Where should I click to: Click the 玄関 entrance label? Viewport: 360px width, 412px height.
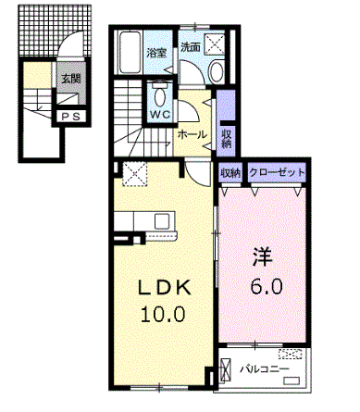[x=71, y=79]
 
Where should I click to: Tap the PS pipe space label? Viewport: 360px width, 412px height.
[x=70, y=117]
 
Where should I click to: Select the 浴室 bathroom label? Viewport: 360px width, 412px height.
[x=156, y=53]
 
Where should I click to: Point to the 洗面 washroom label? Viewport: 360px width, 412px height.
[x=191, y=47]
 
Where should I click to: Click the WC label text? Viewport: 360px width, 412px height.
[x=160, y=115]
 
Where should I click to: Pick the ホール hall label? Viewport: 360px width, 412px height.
[x=192, y=135]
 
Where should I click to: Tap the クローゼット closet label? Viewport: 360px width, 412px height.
[x=277, y=171]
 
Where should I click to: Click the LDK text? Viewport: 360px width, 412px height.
[x=164, y=288]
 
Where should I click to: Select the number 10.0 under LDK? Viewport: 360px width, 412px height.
[x=163, y=315]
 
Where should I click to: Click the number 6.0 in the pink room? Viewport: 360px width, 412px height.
[x=267, y=287]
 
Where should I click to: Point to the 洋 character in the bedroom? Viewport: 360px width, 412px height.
[x=263, y=256]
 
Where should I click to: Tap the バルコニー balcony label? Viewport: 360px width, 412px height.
[x=265, y=369]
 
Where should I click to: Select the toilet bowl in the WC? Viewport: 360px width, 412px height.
[x=159, y=97]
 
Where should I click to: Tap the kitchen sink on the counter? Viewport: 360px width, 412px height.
[x=162, y=221]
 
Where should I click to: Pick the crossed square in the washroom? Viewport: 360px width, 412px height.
[x=215, y=44]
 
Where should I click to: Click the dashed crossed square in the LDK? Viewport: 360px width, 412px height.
[x=135, y=174]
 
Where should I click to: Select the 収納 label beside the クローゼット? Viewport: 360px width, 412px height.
[x=230, y=173]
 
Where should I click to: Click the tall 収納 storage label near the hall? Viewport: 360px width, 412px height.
[x=226, y=139]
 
